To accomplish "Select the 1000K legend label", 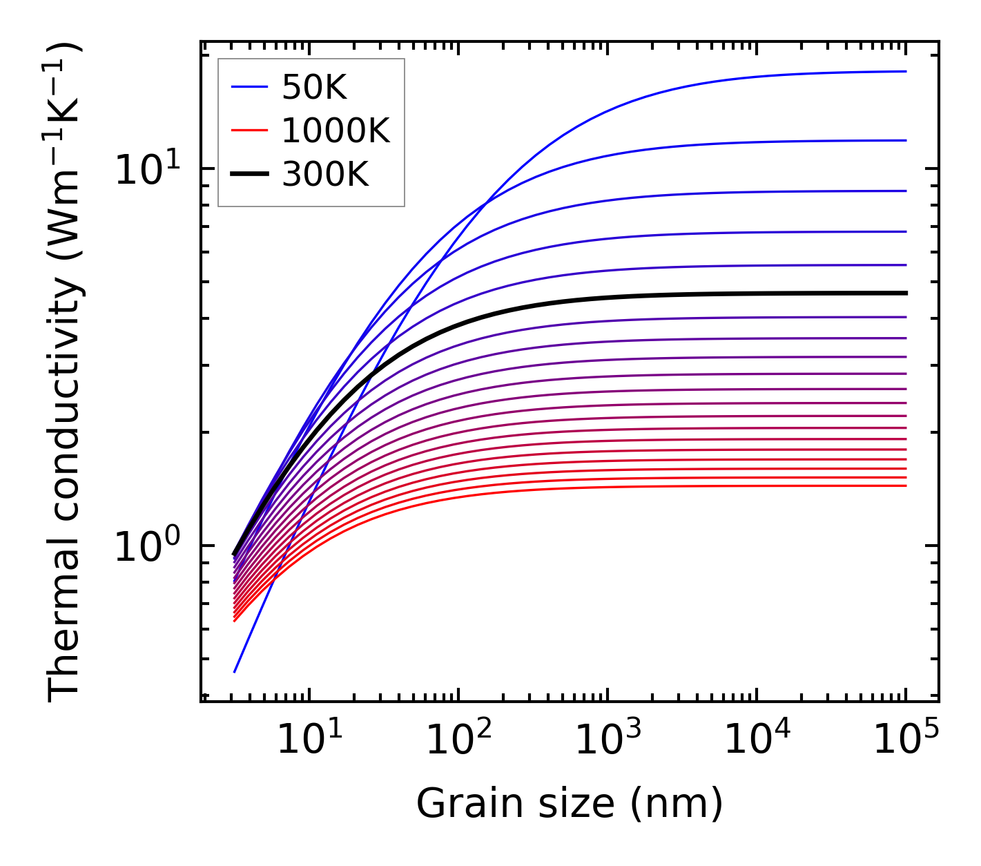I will pyautogui.click(x=336, y=131).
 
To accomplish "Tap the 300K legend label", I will pyautogui.click(x=325, y=175).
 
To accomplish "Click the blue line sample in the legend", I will pyautogui.click(x=249, y=87).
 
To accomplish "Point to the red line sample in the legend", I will pyautogui.click(x=249, y=131).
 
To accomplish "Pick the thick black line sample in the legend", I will pyautogui.click(x=249, y=175).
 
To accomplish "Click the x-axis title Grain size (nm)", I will pyautogui.click(x=570, y=804).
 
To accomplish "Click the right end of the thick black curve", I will pyautogui.click(x=905, y=293).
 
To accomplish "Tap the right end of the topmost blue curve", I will pyautogui.click(x=905, y=71).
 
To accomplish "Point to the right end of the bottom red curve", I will pyautogui.click(x=905, y=485).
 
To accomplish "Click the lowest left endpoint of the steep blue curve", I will pyautogui.click(x=235, y=671).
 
